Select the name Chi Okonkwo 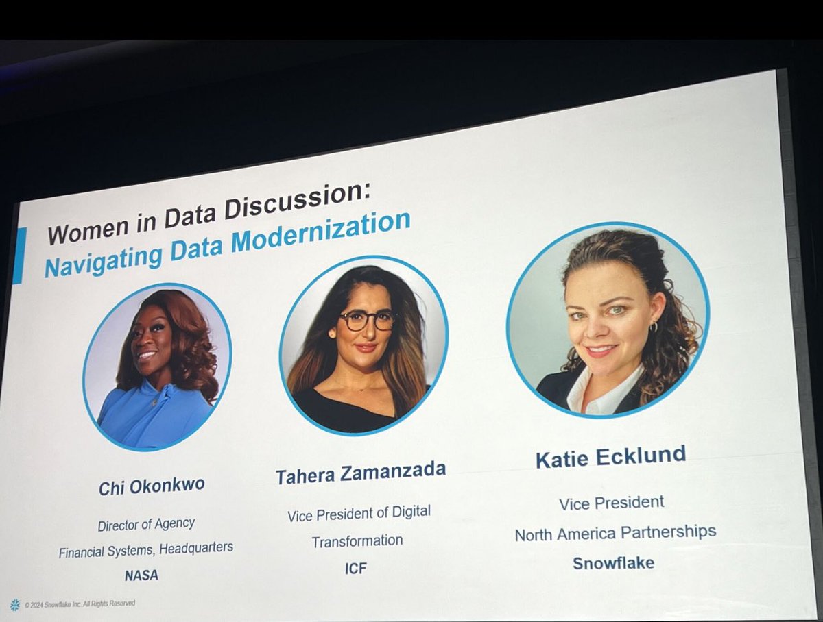point(151,487)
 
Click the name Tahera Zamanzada point(361,472)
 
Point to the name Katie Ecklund point(610,457)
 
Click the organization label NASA point(141,575)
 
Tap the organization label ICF point(356,569)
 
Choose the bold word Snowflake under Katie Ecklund point(613,563)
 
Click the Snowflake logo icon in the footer point(15,605)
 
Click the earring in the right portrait point(653,327)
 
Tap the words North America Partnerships point(615,533)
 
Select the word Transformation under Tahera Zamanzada point(357,541)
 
